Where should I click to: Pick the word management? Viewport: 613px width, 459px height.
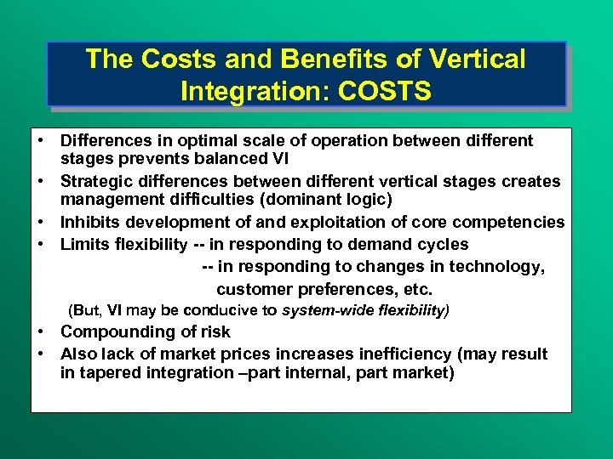tap(106, 200)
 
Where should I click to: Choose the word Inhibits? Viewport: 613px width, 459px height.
tap(89, 223)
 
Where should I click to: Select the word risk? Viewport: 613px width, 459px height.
tap(213, 332)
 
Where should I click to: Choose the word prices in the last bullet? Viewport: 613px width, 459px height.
tap(256, 354)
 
